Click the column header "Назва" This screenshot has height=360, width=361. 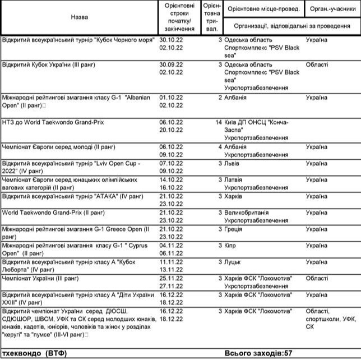[79, 17]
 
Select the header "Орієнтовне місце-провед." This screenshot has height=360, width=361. [263, 9]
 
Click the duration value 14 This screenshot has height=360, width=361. [219, 122]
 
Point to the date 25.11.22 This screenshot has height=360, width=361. [172, 278]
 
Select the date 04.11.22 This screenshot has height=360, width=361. [172, 245]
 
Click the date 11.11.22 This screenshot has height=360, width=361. [172, 261]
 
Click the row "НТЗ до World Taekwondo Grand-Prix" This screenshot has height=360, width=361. [53, 122]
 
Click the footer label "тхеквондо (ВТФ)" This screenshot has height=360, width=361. [39, 353]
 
